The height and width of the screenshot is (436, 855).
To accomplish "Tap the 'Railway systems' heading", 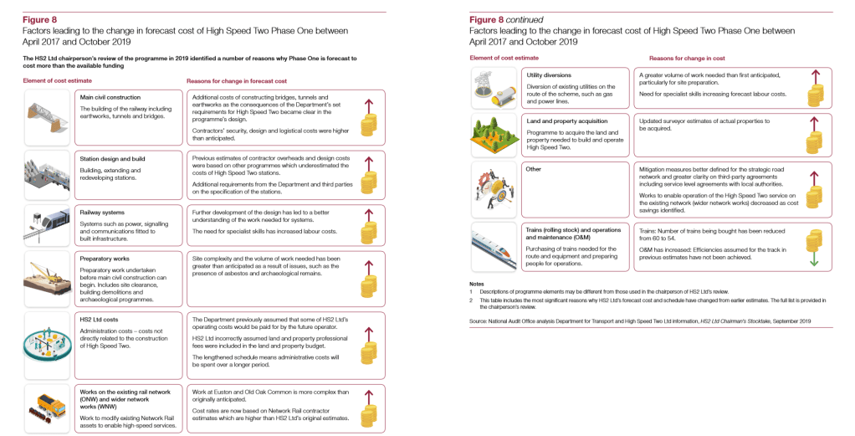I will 102,213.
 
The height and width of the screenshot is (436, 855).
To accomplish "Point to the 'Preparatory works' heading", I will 105,259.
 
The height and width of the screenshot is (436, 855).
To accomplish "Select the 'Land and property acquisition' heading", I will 567,121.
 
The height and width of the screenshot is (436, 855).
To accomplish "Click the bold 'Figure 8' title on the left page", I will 38,18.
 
